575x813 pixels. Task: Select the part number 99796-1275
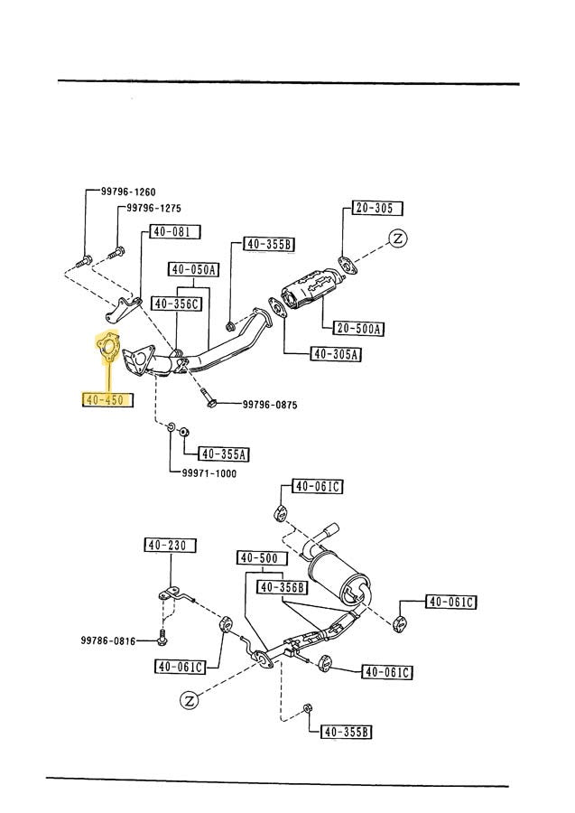tap(154, 208)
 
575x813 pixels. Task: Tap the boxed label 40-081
tap(171, 231)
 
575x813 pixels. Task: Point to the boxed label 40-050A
tap(193, 269)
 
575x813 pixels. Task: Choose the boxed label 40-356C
tap(175, 304)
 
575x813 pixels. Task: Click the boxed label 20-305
tap(373, 209)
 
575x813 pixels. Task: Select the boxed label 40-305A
tap(337, 354)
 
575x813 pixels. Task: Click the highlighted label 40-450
tap(105, 398)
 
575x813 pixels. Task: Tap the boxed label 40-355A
tap(223, 454)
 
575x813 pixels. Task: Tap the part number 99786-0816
tap(107, 641)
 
